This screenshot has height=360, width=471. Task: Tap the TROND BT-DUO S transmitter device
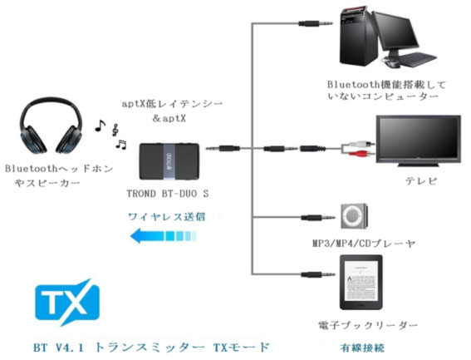click(x=169, y=161)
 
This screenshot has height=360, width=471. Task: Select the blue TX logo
click(x=66, y=303)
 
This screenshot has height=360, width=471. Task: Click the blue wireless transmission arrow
click(x=163, y=235)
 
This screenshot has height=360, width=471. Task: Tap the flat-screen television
click(x=419, y=141)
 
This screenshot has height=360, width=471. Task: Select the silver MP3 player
click(x=354, y=216)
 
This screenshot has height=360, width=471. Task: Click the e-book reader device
click(x=361, y=283)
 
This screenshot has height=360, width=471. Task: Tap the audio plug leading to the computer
click(x=316, y=23)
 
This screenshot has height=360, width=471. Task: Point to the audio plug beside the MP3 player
click(x=318, y=217)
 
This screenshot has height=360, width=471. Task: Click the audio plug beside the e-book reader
click(x=318, y=274)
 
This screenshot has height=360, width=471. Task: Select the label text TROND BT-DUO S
click(x=168, y=194)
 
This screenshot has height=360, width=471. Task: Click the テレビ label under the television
click(x=421, y=180)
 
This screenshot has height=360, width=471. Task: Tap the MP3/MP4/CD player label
click(x=364, y=243)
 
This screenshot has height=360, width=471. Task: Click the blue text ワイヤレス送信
click(x=167, y=216)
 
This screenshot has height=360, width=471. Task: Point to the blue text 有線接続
click(x=362, y=348)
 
